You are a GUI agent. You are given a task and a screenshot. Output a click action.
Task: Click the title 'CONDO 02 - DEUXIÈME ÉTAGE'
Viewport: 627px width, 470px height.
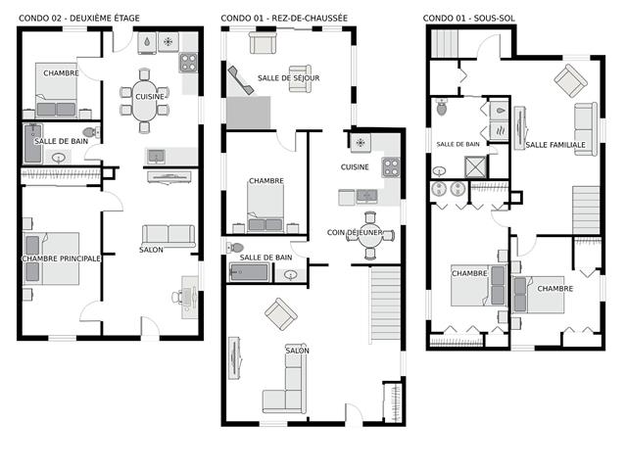click(79, 18)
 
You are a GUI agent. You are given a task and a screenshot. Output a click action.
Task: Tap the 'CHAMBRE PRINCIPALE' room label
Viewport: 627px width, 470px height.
click(61, 258)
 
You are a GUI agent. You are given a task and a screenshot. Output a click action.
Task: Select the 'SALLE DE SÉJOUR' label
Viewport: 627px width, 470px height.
click(289, 78)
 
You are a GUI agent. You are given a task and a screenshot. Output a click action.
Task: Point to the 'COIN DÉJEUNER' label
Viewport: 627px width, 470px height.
click(355, 232)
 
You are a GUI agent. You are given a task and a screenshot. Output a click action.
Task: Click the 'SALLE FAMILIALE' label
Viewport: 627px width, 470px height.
click(555, 145)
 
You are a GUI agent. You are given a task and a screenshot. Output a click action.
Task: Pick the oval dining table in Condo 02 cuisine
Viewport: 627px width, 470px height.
click(144, 101)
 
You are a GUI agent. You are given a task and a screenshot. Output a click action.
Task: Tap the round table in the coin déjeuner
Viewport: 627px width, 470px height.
click(370, 236)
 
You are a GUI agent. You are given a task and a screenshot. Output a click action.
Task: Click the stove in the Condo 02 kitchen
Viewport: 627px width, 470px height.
click(188, 62)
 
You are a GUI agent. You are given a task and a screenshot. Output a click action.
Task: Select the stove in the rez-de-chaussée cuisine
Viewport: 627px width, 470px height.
click(391, 167)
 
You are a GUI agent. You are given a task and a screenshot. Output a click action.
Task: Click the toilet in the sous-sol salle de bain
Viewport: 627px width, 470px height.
click(442, 107)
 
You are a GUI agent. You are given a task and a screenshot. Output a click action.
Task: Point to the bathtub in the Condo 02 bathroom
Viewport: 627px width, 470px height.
click(32, 144)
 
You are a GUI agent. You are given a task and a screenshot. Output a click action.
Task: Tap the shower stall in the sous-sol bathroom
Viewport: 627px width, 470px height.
click(475, 166)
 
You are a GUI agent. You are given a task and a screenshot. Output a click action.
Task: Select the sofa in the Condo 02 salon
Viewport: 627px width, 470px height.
click(169, 236)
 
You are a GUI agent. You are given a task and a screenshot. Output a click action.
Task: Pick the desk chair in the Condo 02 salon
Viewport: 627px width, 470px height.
click(176, 297)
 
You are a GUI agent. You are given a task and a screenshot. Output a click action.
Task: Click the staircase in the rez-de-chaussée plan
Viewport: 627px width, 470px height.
click(385, 304)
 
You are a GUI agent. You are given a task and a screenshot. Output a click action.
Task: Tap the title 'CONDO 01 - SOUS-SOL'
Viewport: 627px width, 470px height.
click(468, 18)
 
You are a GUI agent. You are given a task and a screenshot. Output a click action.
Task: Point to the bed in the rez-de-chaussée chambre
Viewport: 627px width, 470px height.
click(265, 208)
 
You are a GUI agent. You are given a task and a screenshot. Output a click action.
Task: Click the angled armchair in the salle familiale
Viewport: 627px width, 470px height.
click(570, 80)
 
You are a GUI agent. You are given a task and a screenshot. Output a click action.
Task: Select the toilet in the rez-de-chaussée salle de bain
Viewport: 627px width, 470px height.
click(235, 248)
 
